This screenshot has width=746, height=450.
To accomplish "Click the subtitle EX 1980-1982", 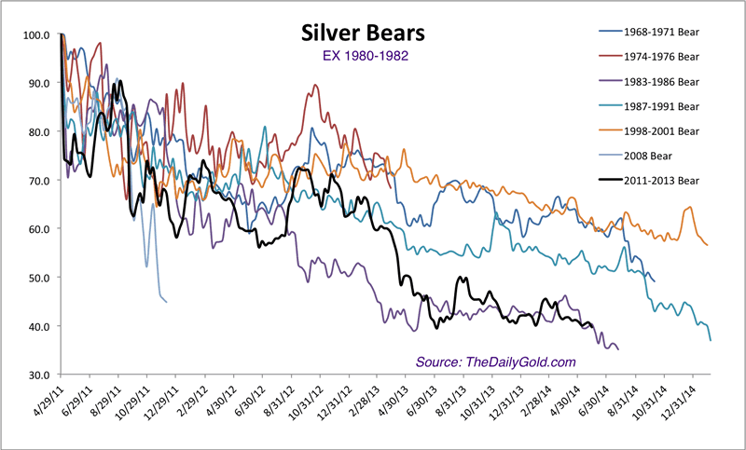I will pyautogui.click(x=363, y=57).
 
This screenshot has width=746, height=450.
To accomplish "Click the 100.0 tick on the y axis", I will pyautogui.click(x=36, y=35).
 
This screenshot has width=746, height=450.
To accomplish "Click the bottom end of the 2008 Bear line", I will pyautogui.click(x=166, y=302).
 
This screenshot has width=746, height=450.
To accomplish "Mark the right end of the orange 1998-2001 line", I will pyautogui.click(x=708, y=245).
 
